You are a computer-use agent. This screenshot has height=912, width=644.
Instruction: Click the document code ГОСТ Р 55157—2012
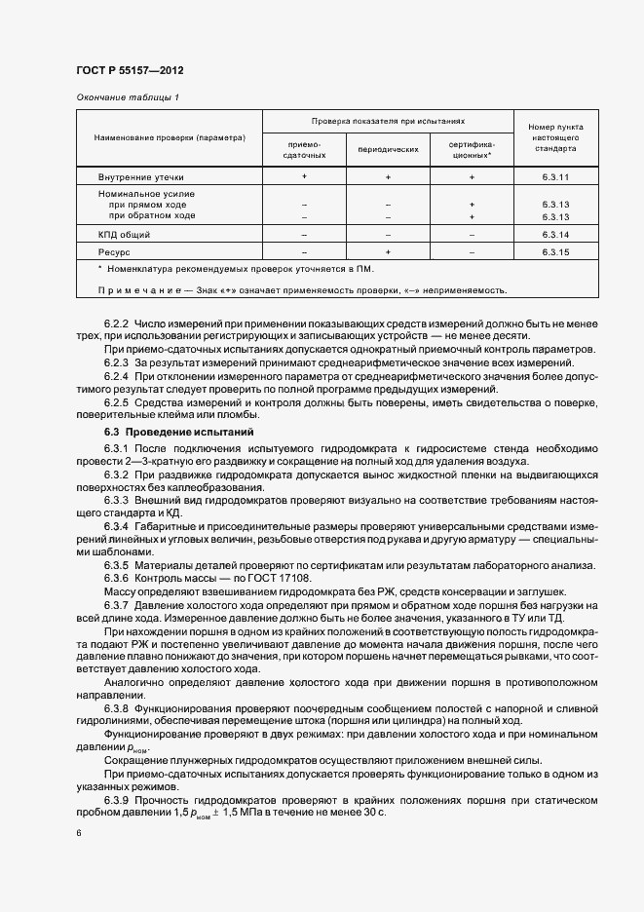pos(130,71)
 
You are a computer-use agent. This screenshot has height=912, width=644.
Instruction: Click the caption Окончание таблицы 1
pos(128,97)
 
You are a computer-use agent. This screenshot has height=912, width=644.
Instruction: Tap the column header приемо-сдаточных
pos(304,150)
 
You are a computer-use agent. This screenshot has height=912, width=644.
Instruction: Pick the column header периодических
pos(388,150)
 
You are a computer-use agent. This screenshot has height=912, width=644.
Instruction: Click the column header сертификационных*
pos(472,150)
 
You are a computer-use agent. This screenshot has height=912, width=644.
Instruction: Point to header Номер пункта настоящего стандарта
pos(555,138)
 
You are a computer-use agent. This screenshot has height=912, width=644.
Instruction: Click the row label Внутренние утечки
pos(140,177)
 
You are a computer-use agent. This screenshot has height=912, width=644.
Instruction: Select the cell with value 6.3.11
pos(555,177)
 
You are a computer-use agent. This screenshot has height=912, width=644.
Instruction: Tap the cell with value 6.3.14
pos(555,236)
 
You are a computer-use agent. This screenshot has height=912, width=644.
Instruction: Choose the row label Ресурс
pos(115,252)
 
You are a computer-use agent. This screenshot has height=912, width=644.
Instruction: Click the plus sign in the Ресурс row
pos(388,252)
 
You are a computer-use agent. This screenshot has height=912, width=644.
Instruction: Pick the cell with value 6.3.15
pos(555,252)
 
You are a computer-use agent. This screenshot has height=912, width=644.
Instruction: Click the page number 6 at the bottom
pos(79,834)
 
